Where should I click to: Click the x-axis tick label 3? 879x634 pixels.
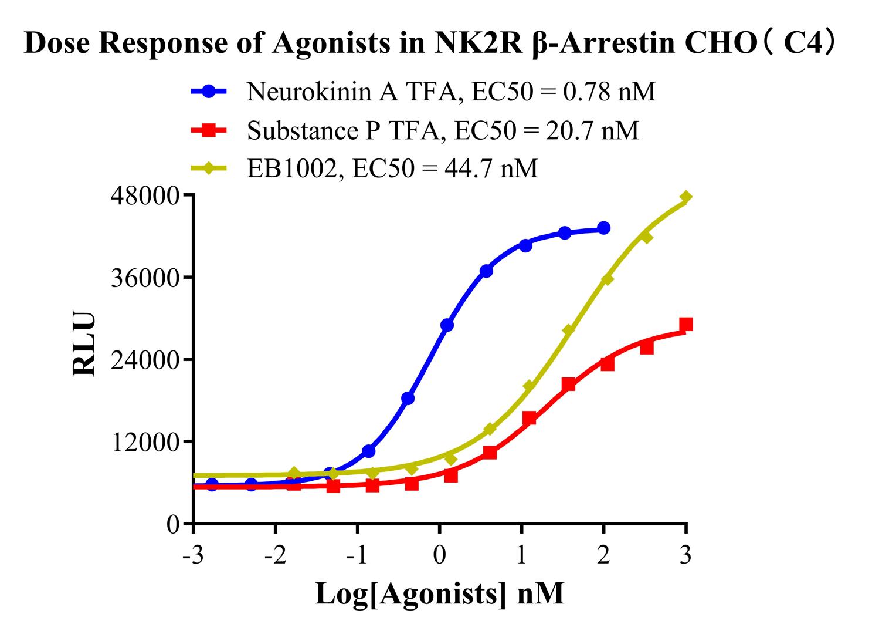[685, 555]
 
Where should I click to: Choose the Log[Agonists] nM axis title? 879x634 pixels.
[439, 593]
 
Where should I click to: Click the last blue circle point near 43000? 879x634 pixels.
[603, 228]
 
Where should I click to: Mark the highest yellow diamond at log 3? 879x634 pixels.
[685, 197]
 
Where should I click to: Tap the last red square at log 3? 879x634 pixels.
[685, 325]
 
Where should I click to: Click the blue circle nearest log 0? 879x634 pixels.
[447, 325]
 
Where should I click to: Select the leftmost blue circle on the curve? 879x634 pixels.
[212, 484]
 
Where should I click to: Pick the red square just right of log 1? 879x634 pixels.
[529, 418]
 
